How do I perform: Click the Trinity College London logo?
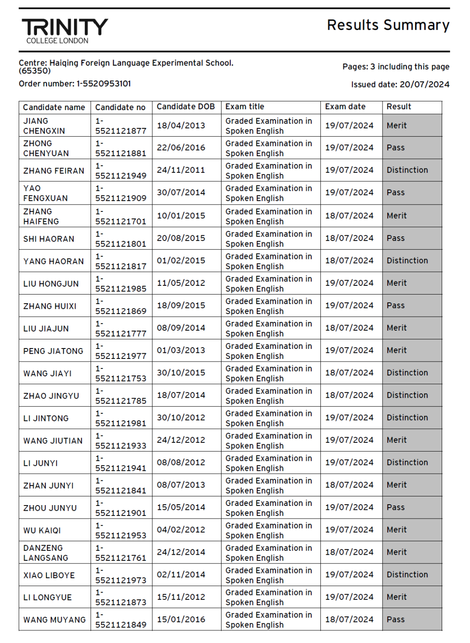pyautogui.click(x=64, y=30)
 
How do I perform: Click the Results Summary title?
pyautogui.click(x=388, y=25)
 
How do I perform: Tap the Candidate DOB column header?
pyautogui.click(x=185, y=107)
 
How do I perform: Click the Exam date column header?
pyautogui.click(x=345, y=107)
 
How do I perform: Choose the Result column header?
pyautogui.click(x=399, y=107)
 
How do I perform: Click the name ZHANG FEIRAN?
pyautogui.click(x=54, y=171)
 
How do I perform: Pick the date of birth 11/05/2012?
pyautogui.click(x=181, y=283)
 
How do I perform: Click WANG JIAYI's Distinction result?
pyautogui.click(x=407, y=373)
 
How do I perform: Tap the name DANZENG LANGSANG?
pyautogui.click(x=46, y=553)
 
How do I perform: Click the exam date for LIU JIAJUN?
pyautogui.click(x=349, y=328)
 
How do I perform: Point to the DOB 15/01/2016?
pyautogui.click(x=181, y=620)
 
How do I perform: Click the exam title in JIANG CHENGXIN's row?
pyautogui.click(x=269, y=126)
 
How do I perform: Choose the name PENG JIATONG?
pyautogui.click(x=53, y=351)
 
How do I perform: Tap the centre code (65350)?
pyautogui.click(x=35, y=71)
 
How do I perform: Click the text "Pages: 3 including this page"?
pyautogui.click(x=396, y=67)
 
